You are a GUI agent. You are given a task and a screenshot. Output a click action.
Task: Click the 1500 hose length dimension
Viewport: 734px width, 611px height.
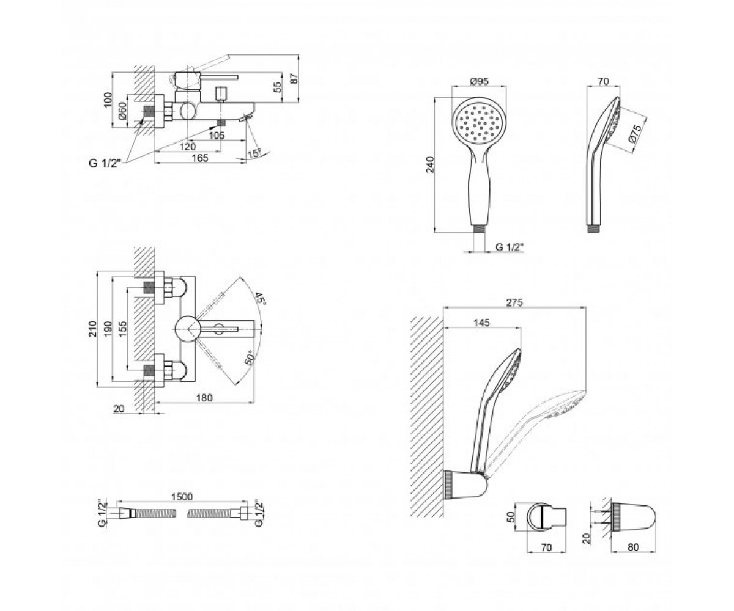pos(182,497)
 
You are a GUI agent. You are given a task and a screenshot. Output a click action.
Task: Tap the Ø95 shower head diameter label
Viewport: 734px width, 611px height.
pos(479,81)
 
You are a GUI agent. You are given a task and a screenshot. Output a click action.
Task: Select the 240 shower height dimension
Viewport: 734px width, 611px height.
pos(430,164)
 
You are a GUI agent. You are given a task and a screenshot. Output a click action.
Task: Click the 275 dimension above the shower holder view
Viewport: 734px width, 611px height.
pos(514,302)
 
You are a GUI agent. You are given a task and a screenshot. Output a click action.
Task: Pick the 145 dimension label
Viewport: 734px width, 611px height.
pos(481,323)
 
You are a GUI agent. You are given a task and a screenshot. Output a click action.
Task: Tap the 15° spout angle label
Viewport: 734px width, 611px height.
pos(254,153)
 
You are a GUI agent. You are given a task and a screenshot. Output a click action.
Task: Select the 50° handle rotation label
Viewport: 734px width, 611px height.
pos(249,358)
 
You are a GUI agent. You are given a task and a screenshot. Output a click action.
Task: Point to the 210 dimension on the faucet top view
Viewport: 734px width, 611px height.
pos(92,329)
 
